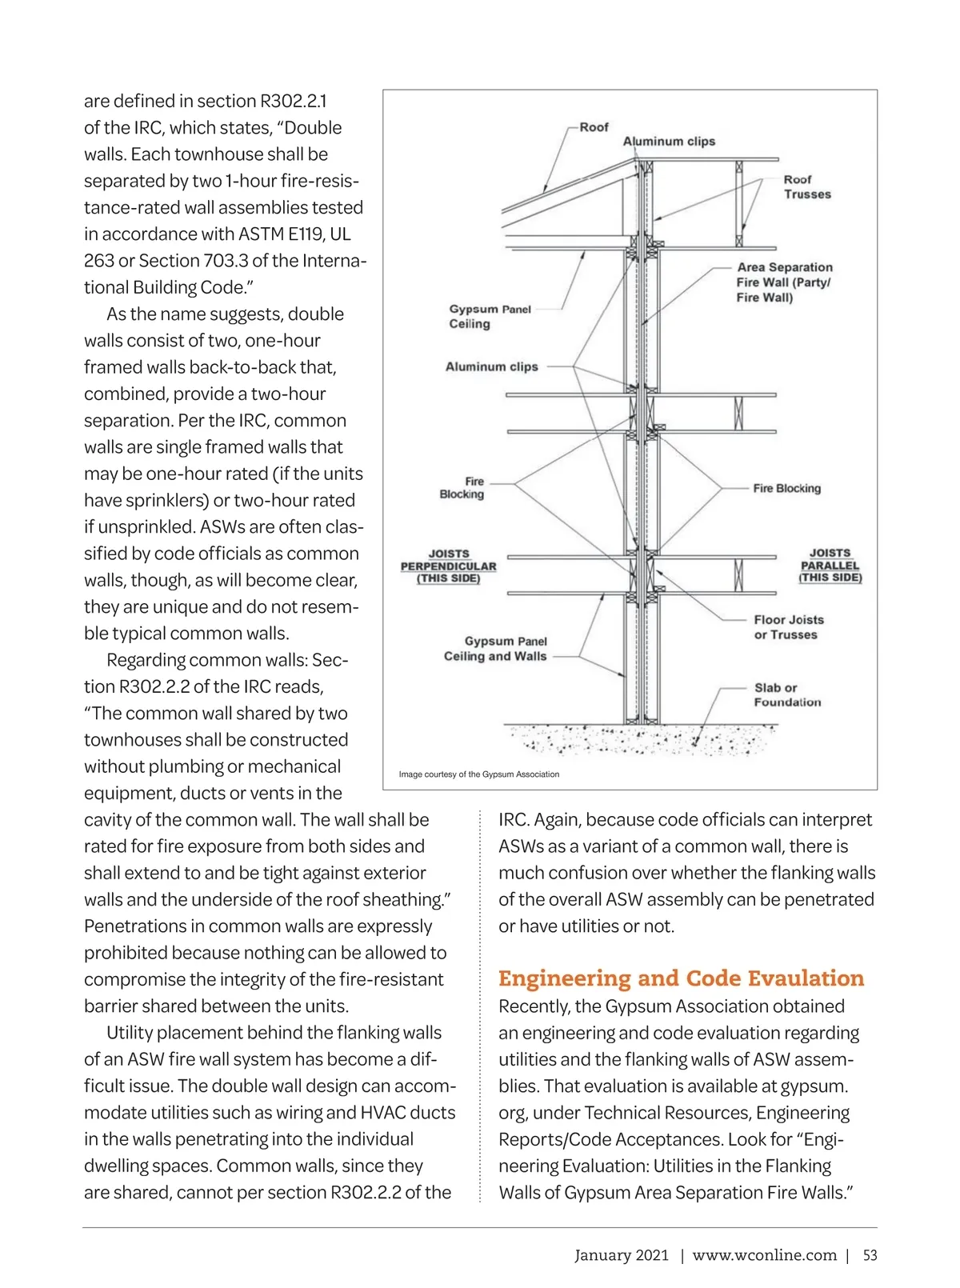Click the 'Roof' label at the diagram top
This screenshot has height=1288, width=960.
[x=594, y=127]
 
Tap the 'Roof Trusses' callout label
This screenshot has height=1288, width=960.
[x=806, y=187]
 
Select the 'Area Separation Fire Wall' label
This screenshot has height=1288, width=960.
[x=784, y=282]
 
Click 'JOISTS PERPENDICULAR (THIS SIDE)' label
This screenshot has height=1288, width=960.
[x=448, y=566]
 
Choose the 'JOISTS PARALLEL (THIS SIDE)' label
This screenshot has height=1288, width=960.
[x=830, y=565]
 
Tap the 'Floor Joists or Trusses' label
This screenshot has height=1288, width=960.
[x=788, y=627]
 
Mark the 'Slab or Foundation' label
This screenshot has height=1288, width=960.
[x=786, y=694]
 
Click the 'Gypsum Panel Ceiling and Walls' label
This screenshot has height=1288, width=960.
[x=495, y=649]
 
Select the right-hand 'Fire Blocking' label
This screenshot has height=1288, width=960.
[x=786, y=488]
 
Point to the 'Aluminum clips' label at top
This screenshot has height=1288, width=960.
[x=669, y=142]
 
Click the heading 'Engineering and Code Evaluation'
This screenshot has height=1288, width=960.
[x=681, y=978]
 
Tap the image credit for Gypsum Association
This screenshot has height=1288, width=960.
[x=479, y=774]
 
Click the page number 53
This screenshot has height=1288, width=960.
[x=870, y=1255]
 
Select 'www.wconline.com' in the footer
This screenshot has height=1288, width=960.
[x=764, y=1255]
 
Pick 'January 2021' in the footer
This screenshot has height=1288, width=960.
[x=621, y=1255]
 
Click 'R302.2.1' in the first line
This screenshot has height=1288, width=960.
[x=293, y=102]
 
